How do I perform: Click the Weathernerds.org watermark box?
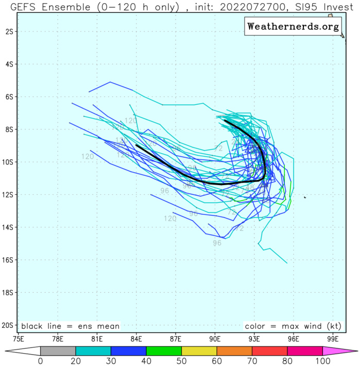(x=293, y=26)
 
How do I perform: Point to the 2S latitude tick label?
(x=8, y=31)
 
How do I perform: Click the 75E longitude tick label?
(x=19, y=339)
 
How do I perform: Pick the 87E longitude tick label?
(x=176, y=339)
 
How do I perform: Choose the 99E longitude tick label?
(x=333, y=339)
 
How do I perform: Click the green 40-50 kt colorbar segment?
(x=164, y=352)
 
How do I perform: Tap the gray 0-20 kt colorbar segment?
(x=58, y=352)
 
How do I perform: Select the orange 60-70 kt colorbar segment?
(x=234, y=352)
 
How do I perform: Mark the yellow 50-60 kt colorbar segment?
(x=199, y=352)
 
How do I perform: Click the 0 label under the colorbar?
(x=40, y=361)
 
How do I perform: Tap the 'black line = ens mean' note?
(x=70, y=326)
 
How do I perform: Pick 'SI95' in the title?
(x=302, y=6)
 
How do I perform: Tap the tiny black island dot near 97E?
(x=305, y=197)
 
